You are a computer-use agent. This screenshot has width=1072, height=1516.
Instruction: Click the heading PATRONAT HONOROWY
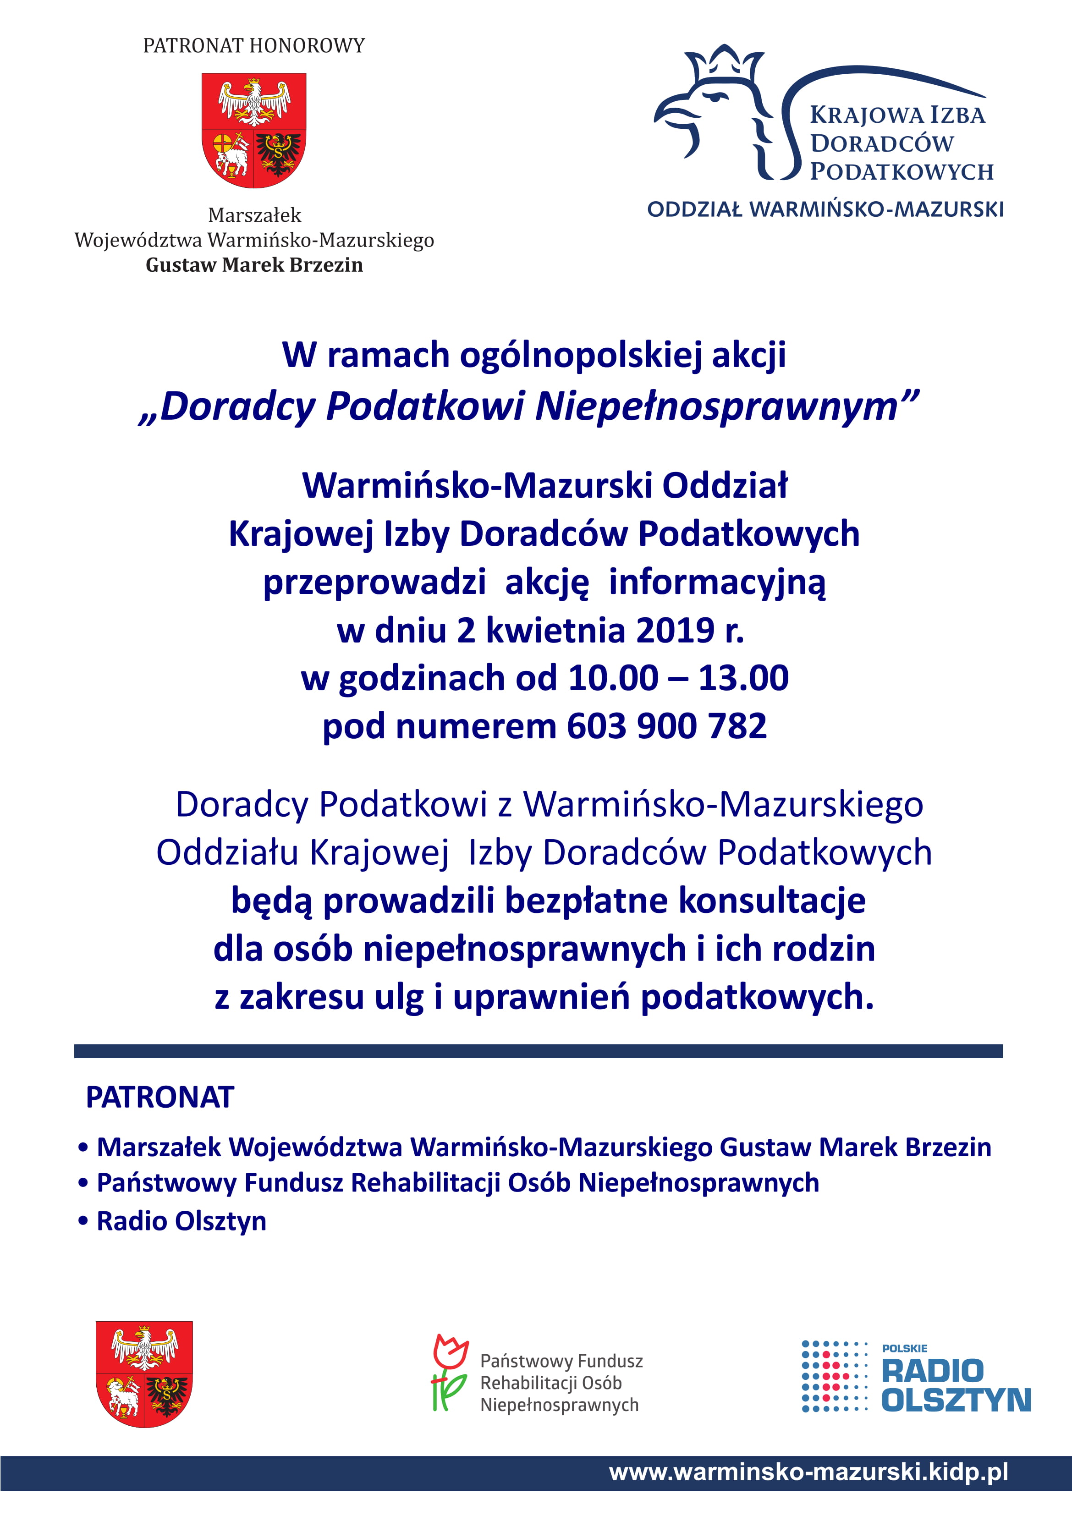[x=253, y=45]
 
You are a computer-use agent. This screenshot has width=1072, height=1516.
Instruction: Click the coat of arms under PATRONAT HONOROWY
[x=253, y=130]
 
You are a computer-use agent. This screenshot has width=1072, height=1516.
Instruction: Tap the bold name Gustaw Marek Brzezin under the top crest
[x=254, y=265]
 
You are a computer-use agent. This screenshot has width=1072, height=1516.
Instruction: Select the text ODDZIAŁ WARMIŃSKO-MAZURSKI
[x=825, y=209]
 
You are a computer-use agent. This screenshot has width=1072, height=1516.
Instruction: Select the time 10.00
[x=613, y=678]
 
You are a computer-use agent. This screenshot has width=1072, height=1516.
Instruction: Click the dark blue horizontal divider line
[x=539, y=1051]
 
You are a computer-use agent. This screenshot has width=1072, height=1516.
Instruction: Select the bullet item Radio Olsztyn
[x=181, y=1221]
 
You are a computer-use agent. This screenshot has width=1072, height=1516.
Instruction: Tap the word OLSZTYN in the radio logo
[x=956, y=1401]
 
